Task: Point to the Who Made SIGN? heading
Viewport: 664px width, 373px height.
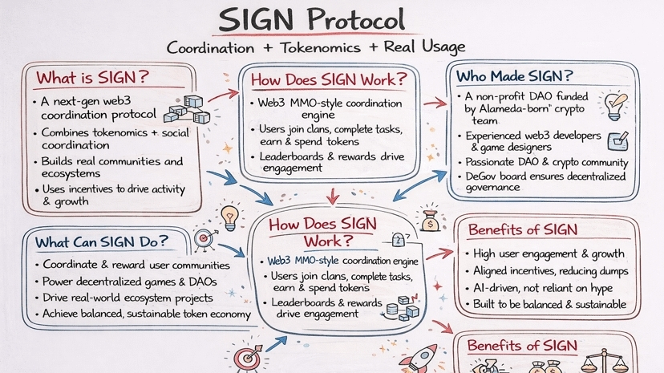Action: [x=515, y=76]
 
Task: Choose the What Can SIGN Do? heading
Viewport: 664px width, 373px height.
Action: [x=101, y=241]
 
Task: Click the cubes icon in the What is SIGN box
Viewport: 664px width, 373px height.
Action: [x=187, y=111]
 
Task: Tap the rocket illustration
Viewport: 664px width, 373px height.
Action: [x=421, y=358]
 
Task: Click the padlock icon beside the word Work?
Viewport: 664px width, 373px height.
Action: [x=398, y=238]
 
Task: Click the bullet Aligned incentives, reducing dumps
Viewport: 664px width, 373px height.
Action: [x=551, y=271]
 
